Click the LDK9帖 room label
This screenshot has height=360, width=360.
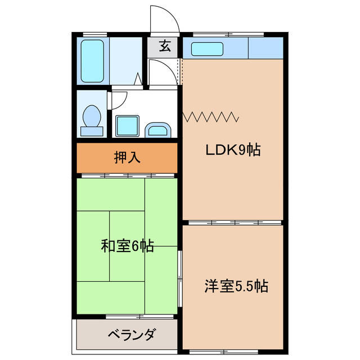(232, 150)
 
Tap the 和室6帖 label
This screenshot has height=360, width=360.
(127, 246)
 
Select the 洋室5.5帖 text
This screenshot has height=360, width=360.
(235, 286)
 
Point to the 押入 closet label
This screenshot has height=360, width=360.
(127, 158)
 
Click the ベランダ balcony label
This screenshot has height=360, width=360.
(131, 335)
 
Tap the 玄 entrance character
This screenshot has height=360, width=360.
(164, 47)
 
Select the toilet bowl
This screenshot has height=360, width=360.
(92, 118)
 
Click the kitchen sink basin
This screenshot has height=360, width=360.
(208, 49)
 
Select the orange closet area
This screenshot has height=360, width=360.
(127, 158)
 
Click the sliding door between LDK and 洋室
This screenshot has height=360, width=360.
(233, 223)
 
